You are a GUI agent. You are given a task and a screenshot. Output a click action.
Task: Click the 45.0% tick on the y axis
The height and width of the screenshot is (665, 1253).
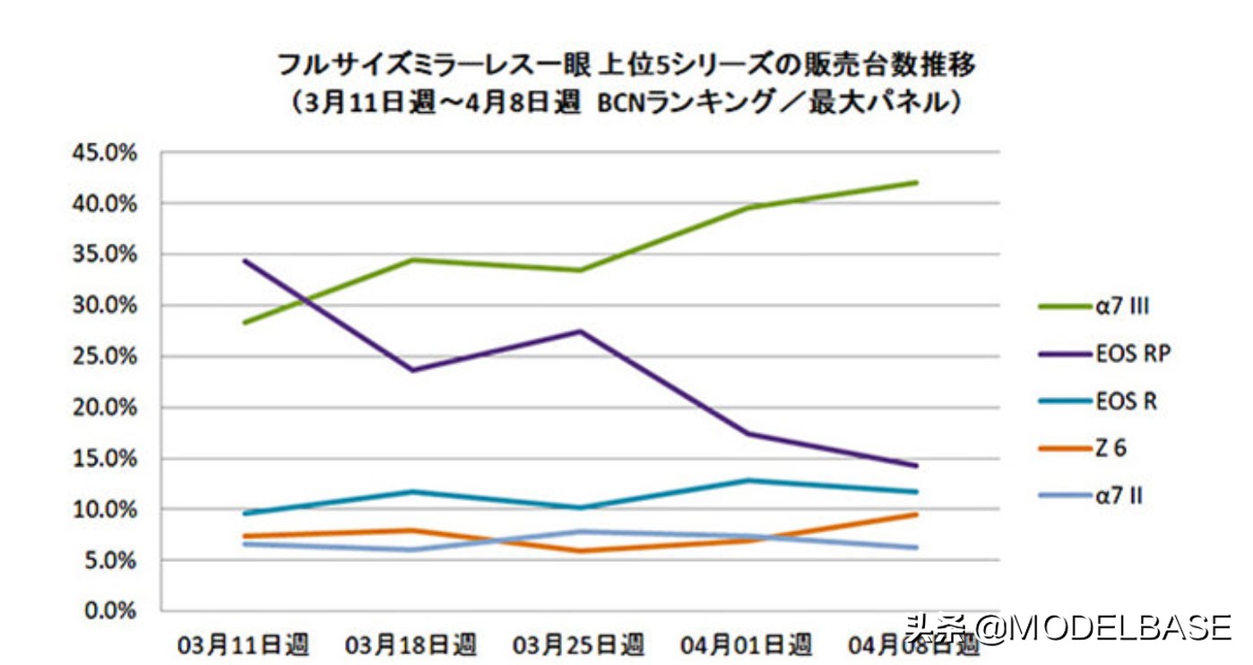(x=106, y=153)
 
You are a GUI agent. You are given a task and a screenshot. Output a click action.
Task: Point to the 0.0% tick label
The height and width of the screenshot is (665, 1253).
(x=110, y=612)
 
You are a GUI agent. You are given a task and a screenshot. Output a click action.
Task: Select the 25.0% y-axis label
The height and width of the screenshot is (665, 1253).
(x=106, y=357)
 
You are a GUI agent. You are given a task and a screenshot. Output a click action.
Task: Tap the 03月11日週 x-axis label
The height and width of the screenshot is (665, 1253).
(x=243, y=644)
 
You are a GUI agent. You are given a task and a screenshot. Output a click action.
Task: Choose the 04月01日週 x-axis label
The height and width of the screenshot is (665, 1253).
(x=747, y=644)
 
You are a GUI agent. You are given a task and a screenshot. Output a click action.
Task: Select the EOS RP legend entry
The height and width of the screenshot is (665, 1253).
(x=1132, y=354)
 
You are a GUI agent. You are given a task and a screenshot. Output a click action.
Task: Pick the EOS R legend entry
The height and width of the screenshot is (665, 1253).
(x=1125, y=402)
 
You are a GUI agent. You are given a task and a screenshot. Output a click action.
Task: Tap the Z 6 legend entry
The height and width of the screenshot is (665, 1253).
(x=1110, y=448)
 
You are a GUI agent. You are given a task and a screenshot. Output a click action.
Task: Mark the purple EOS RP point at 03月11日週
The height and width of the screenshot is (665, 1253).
(x=244, y=261)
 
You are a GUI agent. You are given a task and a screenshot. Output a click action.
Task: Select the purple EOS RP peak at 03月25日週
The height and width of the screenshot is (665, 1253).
(x=580, y=332)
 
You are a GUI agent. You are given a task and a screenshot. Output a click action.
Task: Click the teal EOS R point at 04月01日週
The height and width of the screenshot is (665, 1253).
(x=747, y=480)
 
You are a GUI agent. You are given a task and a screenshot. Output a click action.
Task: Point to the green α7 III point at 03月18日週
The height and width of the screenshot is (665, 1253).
(x=411, y=260)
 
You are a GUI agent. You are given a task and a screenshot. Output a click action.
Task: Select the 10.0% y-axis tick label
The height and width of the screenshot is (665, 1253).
(x=106, y=510)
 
